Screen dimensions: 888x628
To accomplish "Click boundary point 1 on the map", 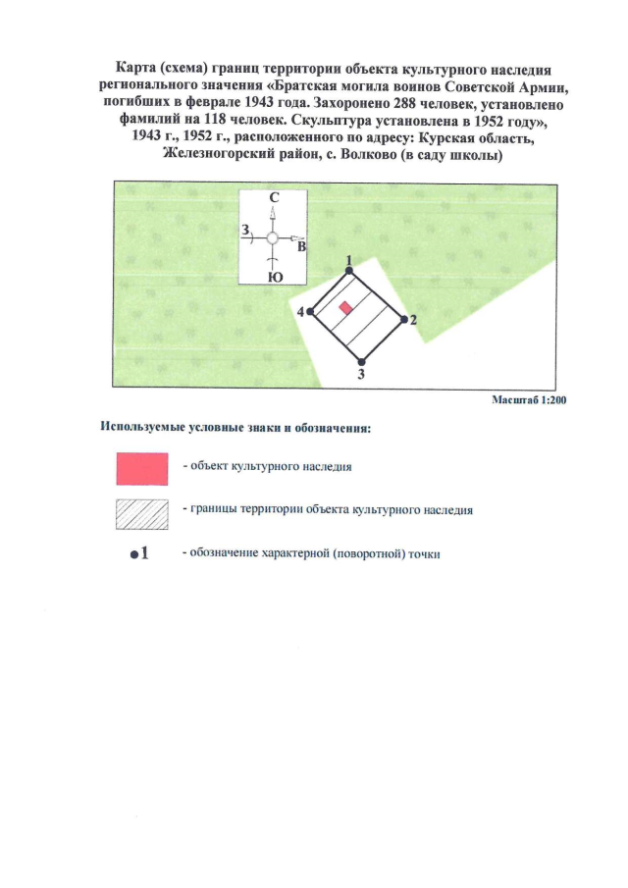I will pyautogui.click(x=349, y=269).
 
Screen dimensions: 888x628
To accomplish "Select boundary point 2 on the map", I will pyautogui.click(x=402, y=318).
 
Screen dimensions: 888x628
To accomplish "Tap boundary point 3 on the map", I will pyautogui.click(x=361, y=360).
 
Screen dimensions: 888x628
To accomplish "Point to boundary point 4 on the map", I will pyautogui.click(x=310, y=311).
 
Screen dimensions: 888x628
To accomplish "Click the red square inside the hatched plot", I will pyautogui.click(x=345, y=308).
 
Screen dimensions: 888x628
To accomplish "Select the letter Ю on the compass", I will pyautogui.click(x=275, y=278).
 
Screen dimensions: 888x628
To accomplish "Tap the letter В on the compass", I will pyautogui.click(x=301, y=248).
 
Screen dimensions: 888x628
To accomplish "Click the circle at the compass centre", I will pyautogui.click(x=274, y=237).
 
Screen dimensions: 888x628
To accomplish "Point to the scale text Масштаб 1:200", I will pyautogui.click(x=529, y=399).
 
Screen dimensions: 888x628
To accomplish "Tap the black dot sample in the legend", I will pyautogui.click(x=132, y=554).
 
